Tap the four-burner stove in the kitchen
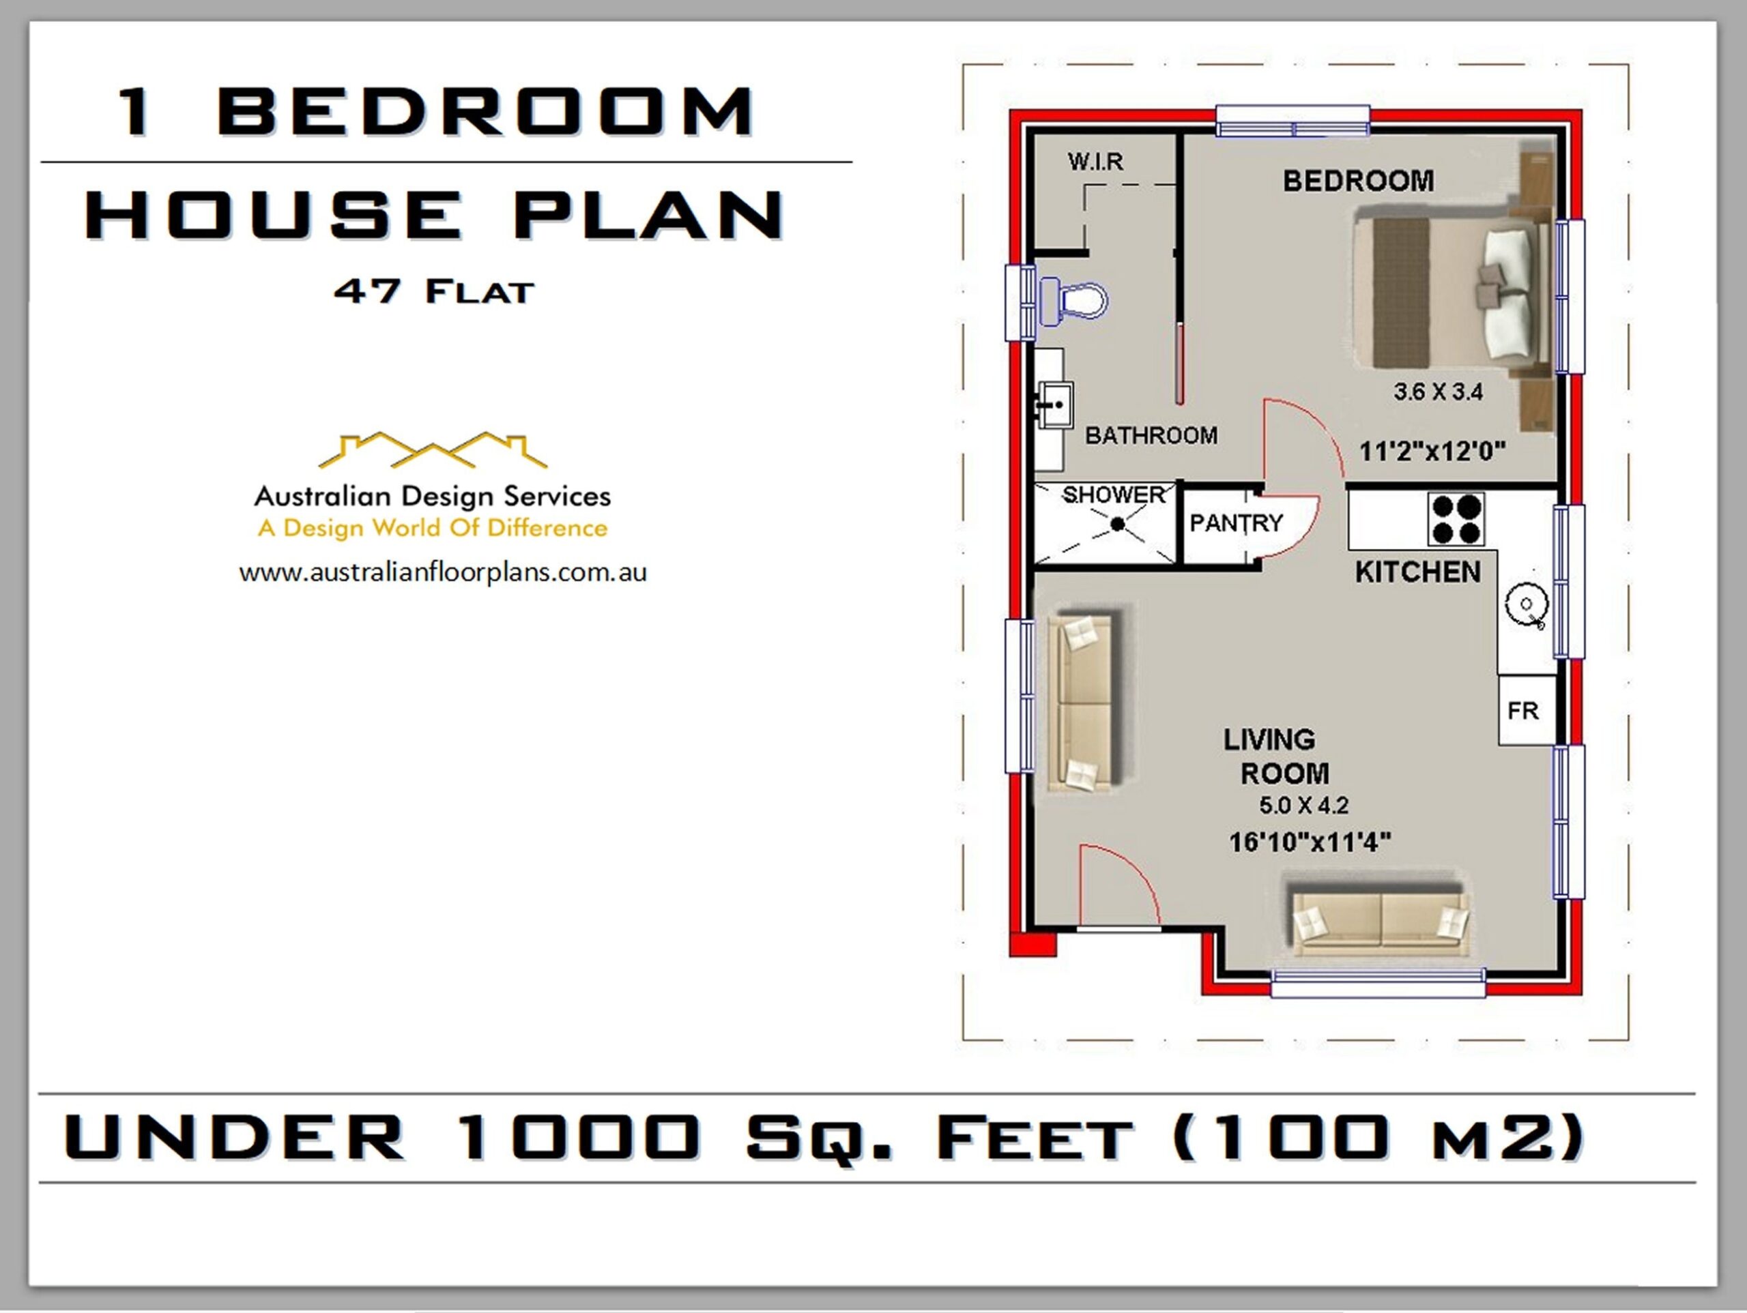(x=1456, y=520)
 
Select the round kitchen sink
(x=1526, y=606)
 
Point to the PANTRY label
(x=1236, y=522)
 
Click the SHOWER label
(x=1114, y=495)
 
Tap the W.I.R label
(x=1095, y=162)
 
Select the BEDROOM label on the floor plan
(x=1357, y=181)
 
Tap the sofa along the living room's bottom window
(x=1380, y=920)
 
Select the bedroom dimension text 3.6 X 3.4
(x=1437, y=391)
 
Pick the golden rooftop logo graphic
(x=432, y=451)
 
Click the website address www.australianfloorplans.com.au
(x=442, y=572)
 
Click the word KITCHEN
(x=1417, y=572)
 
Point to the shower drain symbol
(x=1118, y=523)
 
